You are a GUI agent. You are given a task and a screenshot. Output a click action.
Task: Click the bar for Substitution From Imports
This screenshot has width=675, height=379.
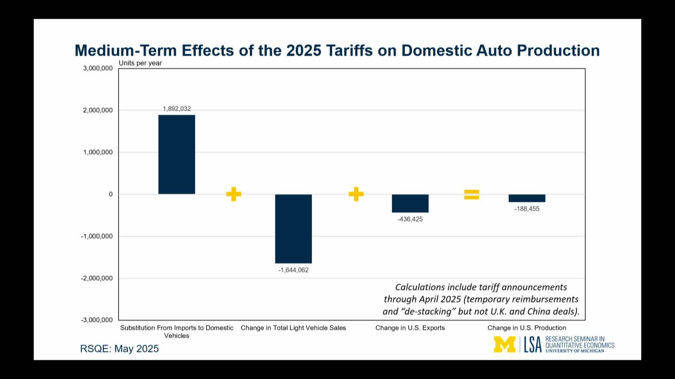176,154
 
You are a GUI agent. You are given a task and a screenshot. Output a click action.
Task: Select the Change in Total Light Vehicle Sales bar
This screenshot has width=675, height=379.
293,228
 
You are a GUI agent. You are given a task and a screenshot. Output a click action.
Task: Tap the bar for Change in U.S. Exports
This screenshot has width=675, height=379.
410,203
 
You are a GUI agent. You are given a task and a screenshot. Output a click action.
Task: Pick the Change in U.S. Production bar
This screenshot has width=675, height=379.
527,198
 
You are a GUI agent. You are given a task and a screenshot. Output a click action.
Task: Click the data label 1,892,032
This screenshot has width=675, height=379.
176,109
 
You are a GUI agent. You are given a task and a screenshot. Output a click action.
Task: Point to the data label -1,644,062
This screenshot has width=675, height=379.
293,270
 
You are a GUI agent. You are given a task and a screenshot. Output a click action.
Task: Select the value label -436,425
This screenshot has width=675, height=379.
410,219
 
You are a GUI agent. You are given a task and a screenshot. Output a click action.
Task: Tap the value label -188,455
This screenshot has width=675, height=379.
527,209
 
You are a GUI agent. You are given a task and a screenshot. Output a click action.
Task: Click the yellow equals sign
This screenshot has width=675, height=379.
471,194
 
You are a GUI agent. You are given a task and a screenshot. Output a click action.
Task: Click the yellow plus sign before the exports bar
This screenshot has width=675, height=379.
356,194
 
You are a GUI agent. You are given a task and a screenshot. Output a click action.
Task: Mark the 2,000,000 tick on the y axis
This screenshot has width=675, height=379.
98,110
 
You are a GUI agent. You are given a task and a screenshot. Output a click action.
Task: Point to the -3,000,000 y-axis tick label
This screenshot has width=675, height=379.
97,320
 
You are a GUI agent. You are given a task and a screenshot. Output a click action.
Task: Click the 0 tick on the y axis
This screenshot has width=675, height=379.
111,194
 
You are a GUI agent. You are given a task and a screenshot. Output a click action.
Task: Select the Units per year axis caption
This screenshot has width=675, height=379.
140,63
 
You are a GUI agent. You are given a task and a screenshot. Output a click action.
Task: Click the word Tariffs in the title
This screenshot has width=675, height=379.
349,51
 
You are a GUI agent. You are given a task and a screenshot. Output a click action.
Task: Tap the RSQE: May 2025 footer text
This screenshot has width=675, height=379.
120,349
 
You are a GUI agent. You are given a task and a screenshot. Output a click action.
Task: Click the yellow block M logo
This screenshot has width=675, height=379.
504,345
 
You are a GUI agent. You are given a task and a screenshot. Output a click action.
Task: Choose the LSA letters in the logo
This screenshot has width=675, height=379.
533,345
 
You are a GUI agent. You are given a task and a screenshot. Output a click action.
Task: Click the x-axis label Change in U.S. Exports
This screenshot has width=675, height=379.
410,328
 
